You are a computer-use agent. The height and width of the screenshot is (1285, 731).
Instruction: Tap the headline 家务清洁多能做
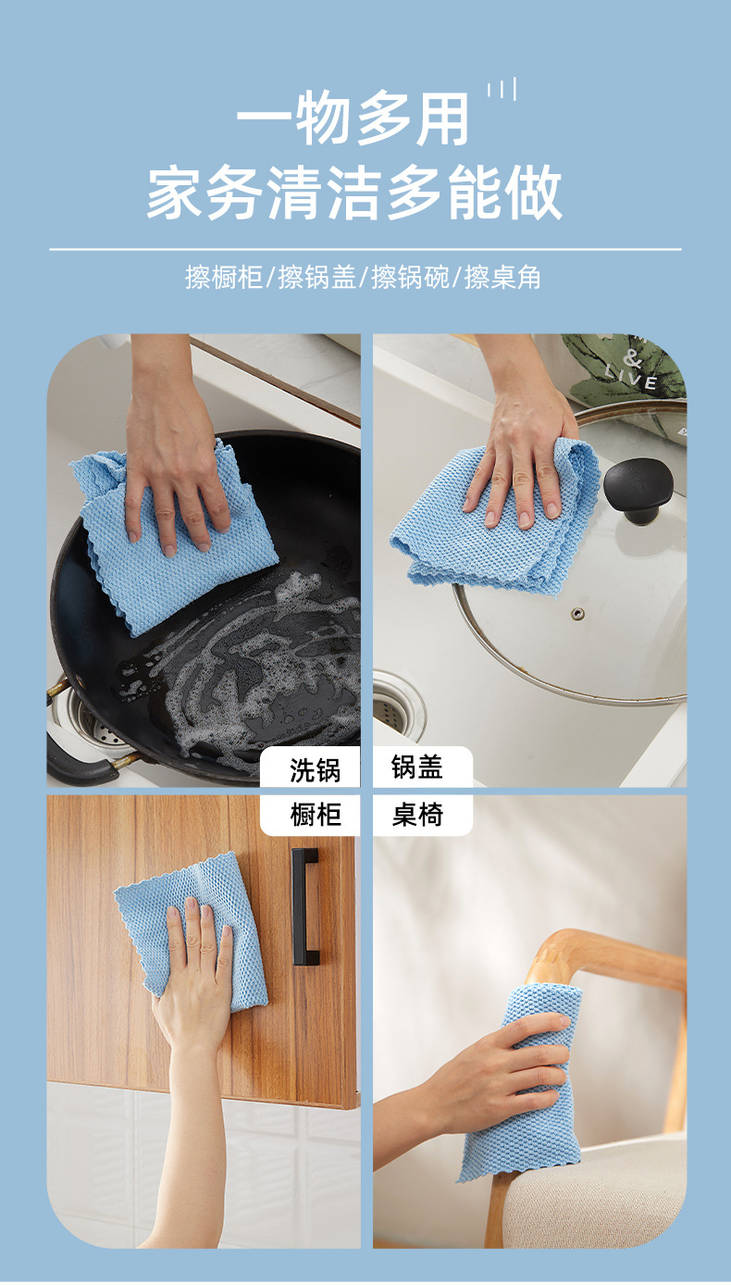(354, 193)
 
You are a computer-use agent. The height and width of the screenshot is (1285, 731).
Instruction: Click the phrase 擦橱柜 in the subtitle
(224, 277)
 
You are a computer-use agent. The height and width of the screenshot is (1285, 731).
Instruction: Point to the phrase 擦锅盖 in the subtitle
(317, 277)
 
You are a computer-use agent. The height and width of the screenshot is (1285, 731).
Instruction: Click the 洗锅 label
(315, 769)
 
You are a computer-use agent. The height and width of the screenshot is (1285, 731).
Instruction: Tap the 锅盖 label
(417, 767)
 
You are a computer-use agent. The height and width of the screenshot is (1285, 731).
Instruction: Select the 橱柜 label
(315, 815)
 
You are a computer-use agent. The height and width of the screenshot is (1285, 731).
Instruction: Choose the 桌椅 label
(417, 815)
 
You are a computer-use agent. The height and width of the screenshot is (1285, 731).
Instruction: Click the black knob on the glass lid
(632, 487)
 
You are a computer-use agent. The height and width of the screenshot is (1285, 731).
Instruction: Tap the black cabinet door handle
(304, 906)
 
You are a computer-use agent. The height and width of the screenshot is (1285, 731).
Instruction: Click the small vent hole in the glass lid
(577, 613)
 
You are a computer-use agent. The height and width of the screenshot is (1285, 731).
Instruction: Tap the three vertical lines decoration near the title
(502, 90)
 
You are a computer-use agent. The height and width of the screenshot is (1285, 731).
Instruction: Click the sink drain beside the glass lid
(398, 704)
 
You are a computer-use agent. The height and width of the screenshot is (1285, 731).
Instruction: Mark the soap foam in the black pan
(278, 667)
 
